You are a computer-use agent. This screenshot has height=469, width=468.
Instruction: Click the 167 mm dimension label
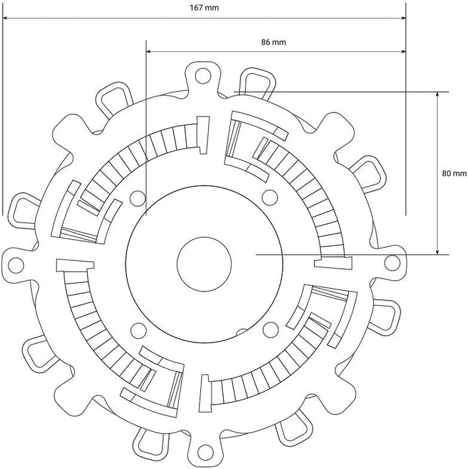[x=204, y=7]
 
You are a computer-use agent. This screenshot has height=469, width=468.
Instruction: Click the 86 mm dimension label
[x=274, y=42]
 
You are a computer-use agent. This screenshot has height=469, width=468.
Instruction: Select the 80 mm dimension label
[x=454, y=173]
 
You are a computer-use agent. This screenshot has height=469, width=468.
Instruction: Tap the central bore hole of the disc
[x=204, y=264]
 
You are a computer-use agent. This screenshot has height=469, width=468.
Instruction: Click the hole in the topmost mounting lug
[x=203, y=75]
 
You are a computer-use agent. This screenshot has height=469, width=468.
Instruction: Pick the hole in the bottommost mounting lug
[x=205, y=452]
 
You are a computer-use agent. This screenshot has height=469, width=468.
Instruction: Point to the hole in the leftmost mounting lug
[x=16, y=265]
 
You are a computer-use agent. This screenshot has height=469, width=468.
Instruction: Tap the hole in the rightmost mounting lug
[x=392, y=263]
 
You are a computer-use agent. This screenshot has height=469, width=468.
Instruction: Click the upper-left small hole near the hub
[x=138, y=198]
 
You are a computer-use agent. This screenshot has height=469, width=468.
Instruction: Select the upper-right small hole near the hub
[x=270, y=197]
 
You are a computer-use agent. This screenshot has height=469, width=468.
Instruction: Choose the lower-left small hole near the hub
[x=138, y=330]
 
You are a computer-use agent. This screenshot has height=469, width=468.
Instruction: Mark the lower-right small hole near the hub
[x=270, y=329]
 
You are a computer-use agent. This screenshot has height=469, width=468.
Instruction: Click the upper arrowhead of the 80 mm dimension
[x=437, y=94]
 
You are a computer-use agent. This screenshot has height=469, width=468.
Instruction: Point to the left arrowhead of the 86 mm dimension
[x=149, y=52]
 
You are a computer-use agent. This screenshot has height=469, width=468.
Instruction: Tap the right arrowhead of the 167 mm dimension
[x=403, y=18]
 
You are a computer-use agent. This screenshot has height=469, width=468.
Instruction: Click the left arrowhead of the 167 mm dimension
[x=5, y=18]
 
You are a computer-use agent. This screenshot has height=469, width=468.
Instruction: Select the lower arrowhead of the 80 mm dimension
[x=437, y=252]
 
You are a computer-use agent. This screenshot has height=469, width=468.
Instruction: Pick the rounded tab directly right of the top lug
[x=257, y=82]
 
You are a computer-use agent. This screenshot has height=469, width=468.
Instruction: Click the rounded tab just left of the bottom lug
[x=150, y=442]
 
